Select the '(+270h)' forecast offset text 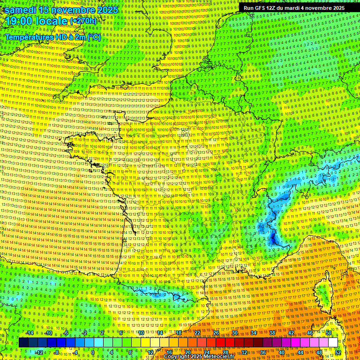coord(83,22)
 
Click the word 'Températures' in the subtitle coord(28,37)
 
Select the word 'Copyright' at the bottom coord(177,357)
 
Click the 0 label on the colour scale coord(93,352)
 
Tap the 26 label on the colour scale coord(216,333)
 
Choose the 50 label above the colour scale coord(328,333)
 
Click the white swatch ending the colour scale coord(333,343)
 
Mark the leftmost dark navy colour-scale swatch coord(23,343)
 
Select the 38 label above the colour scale coord(272,333)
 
